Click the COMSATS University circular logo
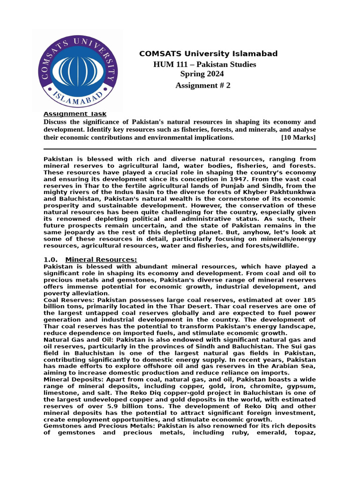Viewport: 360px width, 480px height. point(78,69)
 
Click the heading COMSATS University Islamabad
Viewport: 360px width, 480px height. point(208,54)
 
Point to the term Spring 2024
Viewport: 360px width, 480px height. point(202,74)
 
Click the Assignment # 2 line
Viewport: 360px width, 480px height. point(202,85)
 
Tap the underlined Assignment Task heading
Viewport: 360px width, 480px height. point(75,114)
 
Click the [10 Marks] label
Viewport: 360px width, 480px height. point(298,137)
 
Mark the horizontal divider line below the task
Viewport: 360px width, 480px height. point(180,149)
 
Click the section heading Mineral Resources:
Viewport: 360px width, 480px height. point(101,260)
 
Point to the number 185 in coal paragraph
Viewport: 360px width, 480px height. point(309,300)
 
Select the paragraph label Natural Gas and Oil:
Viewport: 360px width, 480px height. point(79,340)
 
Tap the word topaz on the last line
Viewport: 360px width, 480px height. point(306,433)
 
